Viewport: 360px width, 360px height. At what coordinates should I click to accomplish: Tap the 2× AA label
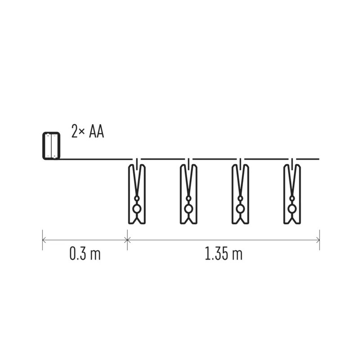pyautogui.click(x=88, y=131)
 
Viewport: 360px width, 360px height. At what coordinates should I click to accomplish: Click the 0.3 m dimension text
pyautogui.click(x=85, y=254)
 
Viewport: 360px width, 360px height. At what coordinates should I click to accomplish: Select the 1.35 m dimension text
pyautogui.click(x=223, y=254)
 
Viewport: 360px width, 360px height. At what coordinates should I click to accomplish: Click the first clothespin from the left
pyautogui.click(x=137, y=194)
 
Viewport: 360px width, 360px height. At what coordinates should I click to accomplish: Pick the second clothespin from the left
pyautogui.click(x=189, y=194)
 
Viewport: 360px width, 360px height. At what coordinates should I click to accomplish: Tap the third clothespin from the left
pyautogui.click(x=240, y=194)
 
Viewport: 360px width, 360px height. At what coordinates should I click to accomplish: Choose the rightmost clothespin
pyautogui.click(x=292, y=194)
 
